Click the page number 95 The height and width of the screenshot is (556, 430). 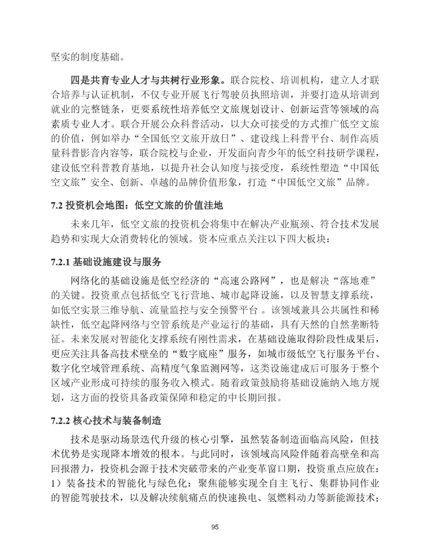[x=215, y=527]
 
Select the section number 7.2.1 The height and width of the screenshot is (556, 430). [x=61, y=262]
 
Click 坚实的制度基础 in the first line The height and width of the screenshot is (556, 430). [x=85, y=56]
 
